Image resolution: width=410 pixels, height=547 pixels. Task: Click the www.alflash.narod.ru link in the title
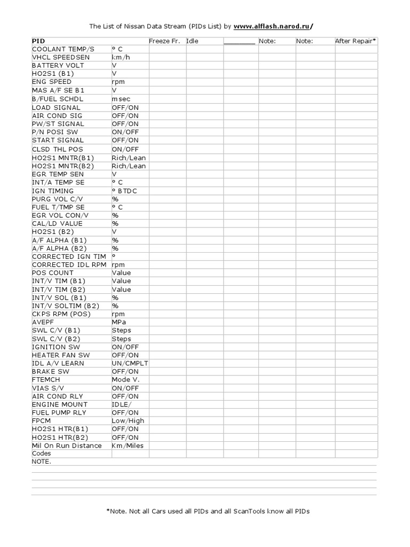tap(273, 26)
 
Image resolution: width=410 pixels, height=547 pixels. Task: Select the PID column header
tap(38, 41)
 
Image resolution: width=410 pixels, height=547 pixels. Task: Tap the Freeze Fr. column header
tap(164, 41)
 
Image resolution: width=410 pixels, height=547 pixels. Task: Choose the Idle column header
tap(192, 41)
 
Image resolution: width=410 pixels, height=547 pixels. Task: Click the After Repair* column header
tap(356, 41)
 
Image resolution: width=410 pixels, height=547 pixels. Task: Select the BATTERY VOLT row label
tap(58, 65)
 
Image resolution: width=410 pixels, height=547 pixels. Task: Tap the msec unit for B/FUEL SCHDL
tap(121, 99)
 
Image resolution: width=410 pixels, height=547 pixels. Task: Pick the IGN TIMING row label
tap(54, 191)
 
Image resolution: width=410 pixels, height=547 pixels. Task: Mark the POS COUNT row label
tap(53, 272)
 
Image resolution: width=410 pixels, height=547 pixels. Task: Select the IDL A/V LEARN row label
tap(58, 363)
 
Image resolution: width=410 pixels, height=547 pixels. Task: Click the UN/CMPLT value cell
tap(130, 363)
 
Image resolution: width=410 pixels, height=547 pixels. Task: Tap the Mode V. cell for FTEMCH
tap(125, 379)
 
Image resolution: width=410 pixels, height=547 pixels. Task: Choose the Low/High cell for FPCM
tap(128, 421)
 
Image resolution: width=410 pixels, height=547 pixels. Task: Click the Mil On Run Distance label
tap(67, 446)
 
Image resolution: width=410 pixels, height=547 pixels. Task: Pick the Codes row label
tap(42, 454)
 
